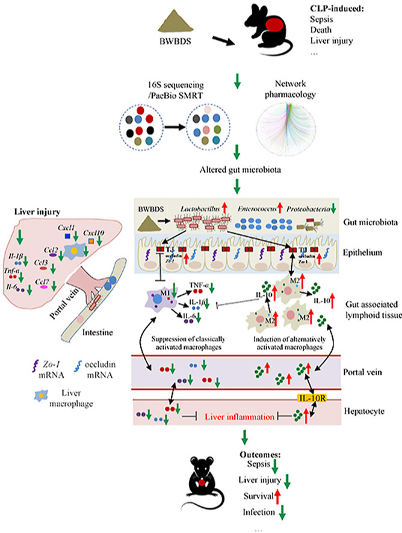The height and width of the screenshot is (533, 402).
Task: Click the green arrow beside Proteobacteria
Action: (x=334, y=208)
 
